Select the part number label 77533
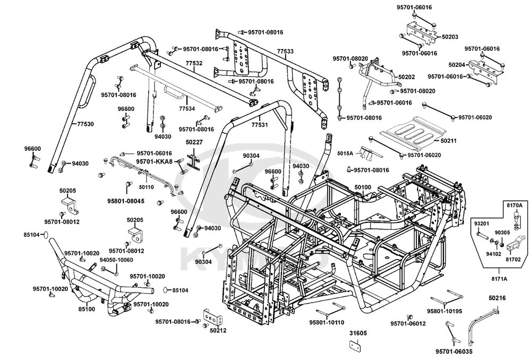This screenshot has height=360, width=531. coord(285,52)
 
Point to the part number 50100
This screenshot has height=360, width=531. coord(363,187)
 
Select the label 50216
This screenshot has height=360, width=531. coord(497,299)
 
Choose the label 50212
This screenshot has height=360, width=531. coord(218,331)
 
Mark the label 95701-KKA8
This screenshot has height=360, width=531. coord(154,161)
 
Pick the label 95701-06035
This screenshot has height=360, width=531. coord(453,352)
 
